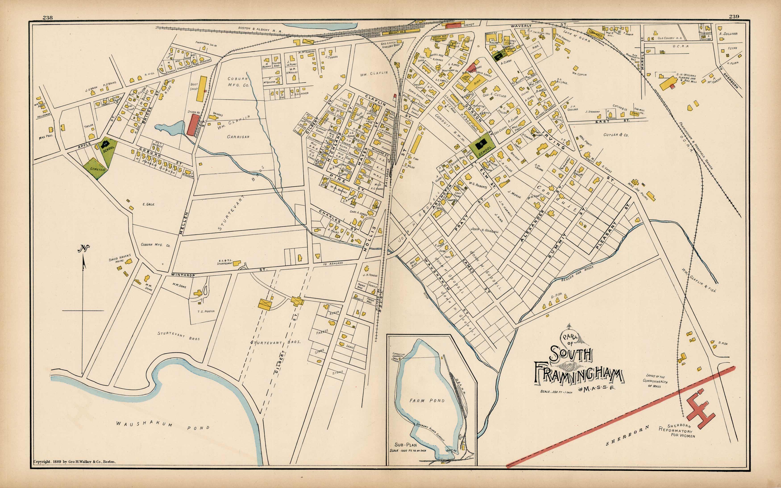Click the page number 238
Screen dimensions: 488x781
tap(48, 17)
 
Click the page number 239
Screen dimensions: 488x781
tap(734, 17)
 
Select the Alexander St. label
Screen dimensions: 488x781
tap(533, 226)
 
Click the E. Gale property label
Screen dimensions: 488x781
tap(148, 204)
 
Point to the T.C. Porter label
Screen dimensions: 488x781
tap(206, 311)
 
